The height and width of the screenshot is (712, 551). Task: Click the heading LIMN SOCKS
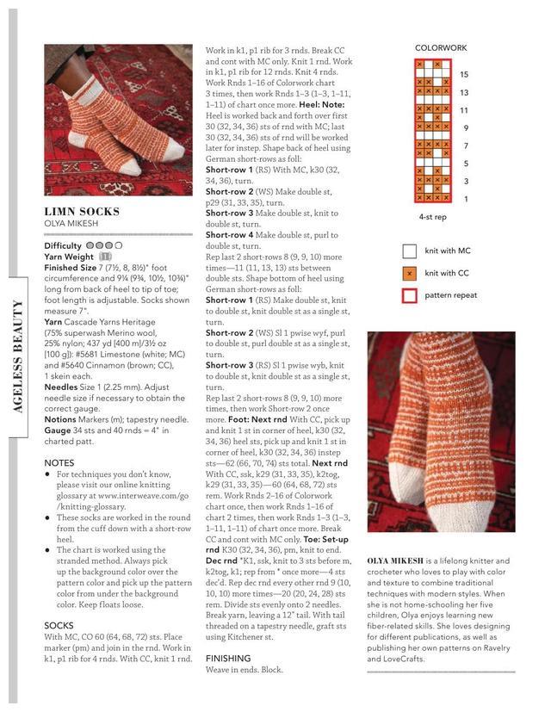coord(82,211)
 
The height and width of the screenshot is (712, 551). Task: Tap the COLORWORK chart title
coord(441,48)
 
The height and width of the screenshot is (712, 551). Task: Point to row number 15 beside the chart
coord(464,75)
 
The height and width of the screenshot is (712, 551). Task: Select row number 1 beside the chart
coord(465,199)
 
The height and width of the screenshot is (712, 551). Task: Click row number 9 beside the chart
coord(465,128)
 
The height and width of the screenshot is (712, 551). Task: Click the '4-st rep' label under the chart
coord(432,219)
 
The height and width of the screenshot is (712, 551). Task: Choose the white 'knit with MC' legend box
coord(410,251)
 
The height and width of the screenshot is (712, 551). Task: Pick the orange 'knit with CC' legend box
coord(410,274)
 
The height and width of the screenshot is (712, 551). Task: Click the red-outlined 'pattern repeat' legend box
coord(410,296)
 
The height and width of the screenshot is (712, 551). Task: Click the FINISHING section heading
coord(227,658)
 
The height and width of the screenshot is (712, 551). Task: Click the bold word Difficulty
coord(63,245)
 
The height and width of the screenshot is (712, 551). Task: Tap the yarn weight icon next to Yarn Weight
coord(105,257)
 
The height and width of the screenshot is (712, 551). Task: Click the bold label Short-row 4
coord(229,235)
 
